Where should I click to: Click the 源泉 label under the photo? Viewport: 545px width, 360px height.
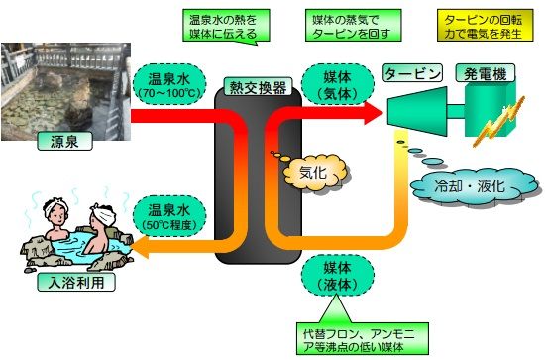click(x=64, y=141)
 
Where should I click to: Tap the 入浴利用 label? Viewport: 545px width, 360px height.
click(x=76, y=282)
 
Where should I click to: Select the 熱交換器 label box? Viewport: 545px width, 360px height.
click(x=258, y=86)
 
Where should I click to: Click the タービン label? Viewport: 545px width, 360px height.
click(x=412, y=73)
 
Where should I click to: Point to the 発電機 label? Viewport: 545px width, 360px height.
click(x=486, y=73)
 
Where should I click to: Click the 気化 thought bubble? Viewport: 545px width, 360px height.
click(x=314, y=173)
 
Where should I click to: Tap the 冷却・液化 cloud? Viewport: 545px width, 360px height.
click(x=475, y=186)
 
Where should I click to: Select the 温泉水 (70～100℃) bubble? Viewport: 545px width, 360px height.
click(x=169, y=84)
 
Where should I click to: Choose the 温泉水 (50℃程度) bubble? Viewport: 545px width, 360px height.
click(x=169, y=216)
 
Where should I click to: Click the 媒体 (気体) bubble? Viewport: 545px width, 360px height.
click(x=338, y=84)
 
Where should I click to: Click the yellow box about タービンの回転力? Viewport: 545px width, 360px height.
click(x=485, y=26)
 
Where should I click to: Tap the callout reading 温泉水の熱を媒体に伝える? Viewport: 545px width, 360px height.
click(x=226, y=26)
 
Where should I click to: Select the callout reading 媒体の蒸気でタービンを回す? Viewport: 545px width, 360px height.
click(x=353, y=26)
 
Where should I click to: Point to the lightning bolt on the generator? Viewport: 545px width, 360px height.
click(x=498, y=122)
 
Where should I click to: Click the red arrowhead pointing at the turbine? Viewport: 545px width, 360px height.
click(x=373, y=113)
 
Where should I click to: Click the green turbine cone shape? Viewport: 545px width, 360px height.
click(x=417, y=111)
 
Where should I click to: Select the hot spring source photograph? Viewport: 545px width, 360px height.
click(x=66, y=92)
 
